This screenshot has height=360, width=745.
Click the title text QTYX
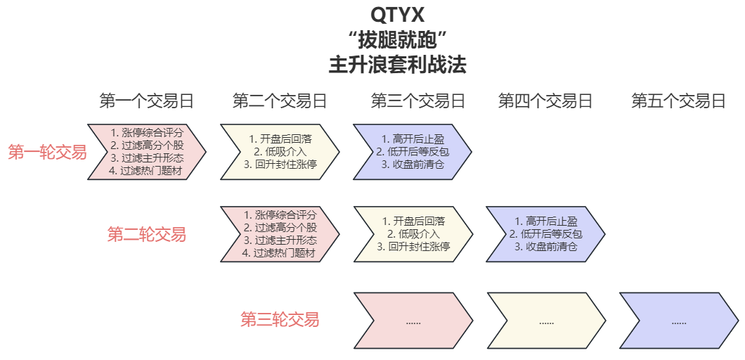pyautogui.click(x=397, y=14)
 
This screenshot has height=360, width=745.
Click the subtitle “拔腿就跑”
pyautogui.click(x=397, y=39)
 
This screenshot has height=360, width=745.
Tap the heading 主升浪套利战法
pyautogui.click(x=397, y=65)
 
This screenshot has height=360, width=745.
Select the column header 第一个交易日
pyautogui.click(x=146, y=101)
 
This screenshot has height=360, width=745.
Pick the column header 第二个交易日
pyautogui.click(x=280, y=101)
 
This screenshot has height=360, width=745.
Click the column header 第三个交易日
pyautogui.click(x=418, y=101)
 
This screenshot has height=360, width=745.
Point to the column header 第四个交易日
pyautogui.click(x=545, y=101)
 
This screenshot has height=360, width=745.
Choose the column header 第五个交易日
pyautogui.click(x=678, y=101)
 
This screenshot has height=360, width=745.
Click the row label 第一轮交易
pyautogui.click(x=47, y=152)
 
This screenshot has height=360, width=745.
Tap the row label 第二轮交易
pyautogui.click(x=146, y=234)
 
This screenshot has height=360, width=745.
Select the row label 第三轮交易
pyautogui.click(x=280, y=320)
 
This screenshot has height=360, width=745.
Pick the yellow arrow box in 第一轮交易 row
pyautogui.click(x=280, y=151)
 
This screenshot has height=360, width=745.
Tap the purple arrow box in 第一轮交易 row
pyautogui.click(x=413, y=151)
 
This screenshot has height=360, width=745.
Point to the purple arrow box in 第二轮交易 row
pyautogui.click(x=545, y=234)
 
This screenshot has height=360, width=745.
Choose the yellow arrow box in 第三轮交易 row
pyautogui.click(x=545, y=321)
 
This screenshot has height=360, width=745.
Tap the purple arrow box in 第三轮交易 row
pyautogui.click(x=678, y=321)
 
